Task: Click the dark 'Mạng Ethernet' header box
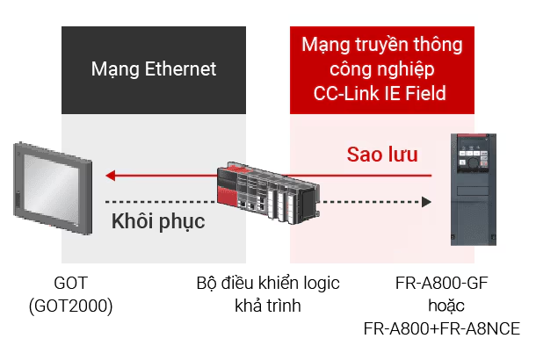(x=154, y=69)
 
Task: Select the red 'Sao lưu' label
(x=381, y=155)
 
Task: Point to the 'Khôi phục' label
(x=158, y=220)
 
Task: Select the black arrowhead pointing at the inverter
(x=427, y=202)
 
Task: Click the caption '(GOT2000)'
(x=70, y=306)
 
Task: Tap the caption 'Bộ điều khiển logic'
(x=268, y=284)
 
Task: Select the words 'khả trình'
(x=268, y=306)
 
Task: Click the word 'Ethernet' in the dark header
(x=180, y=69)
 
